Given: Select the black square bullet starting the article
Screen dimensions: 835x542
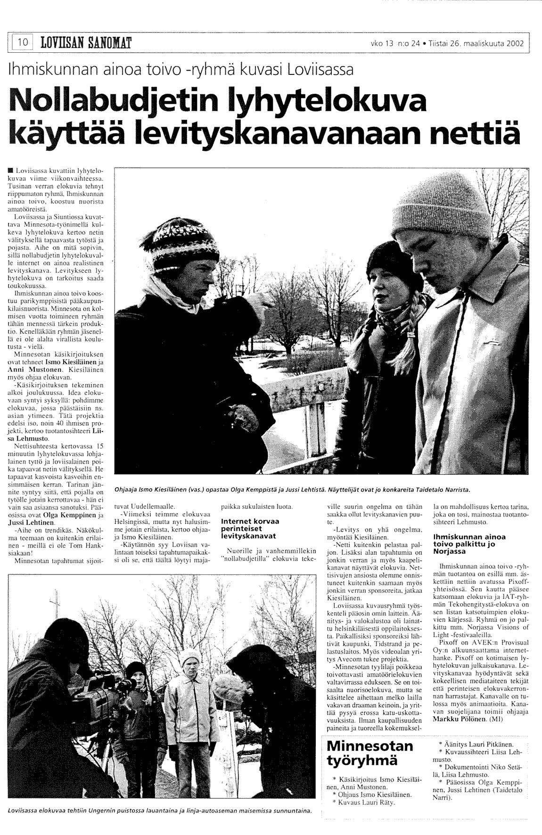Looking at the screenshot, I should (x=11, y=169).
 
